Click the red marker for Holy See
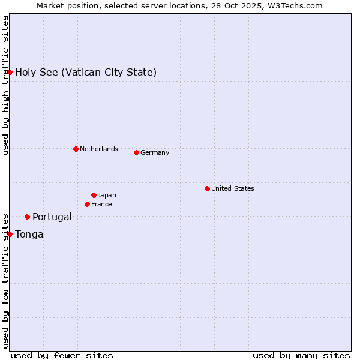10,73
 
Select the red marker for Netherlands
76,149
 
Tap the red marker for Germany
136,152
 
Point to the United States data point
207,188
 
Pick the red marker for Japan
94,195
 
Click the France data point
87,204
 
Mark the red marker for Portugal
27,217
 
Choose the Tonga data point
10,234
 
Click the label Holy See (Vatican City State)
86,73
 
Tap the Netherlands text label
98,149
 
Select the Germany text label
155,152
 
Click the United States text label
232,188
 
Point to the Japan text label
107,195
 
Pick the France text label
101,204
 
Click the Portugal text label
52,217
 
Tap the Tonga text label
29,234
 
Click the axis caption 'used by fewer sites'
62,355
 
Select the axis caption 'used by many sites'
301,355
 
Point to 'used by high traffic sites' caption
5,85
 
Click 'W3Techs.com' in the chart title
295,5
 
